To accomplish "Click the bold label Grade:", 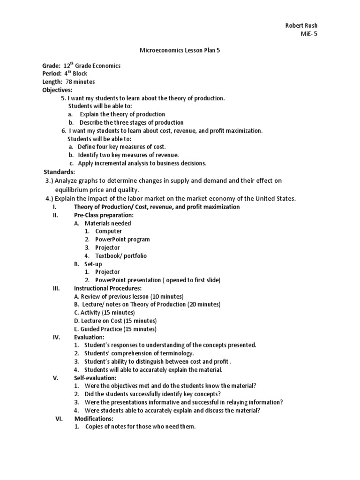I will coord(52,66).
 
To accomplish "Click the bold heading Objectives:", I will coord(57,90).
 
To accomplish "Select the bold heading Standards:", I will coord(59,172).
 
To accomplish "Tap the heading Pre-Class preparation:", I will coord(104,215).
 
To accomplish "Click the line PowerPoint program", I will coord(122,240).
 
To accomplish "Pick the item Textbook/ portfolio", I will coord(121,256).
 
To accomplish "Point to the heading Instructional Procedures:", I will coord(107,288).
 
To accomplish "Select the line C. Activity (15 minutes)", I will coord(104,313).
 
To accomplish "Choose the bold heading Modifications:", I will coord(94,419).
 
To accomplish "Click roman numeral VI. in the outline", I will coord(60,419).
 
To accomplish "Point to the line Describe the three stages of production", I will coord(131,122).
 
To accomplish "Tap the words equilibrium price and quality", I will coord(97,190).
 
